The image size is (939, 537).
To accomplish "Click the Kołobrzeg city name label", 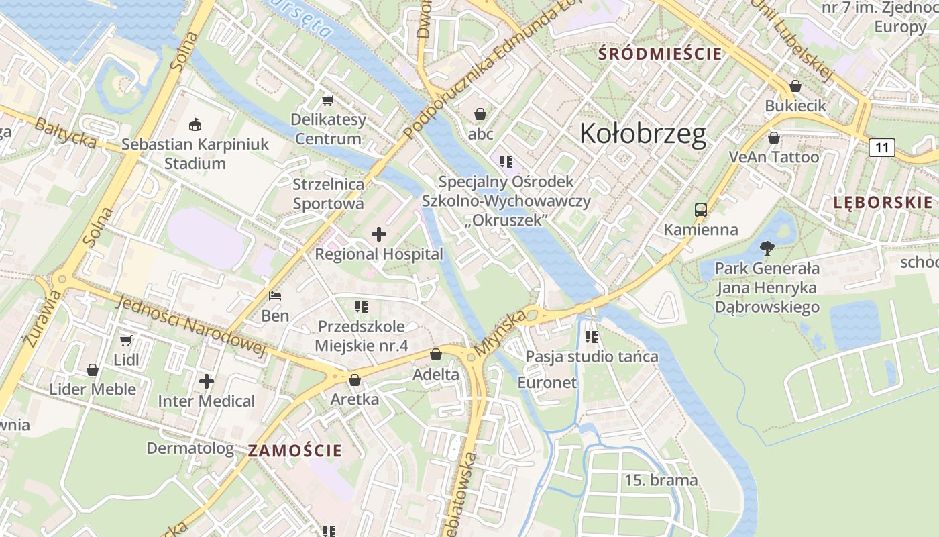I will [x=643, y=134].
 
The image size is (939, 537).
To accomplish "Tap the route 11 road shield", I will [x=881, y=148].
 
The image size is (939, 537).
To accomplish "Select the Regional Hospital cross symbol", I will [x=379, y=234].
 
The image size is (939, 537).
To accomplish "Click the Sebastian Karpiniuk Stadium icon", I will [x=195, y=124].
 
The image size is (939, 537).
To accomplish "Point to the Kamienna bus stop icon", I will [x=701, y=210].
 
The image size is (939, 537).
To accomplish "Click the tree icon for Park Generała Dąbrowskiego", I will [x=767, y=249].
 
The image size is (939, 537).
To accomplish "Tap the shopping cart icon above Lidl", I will [x=126, y=340].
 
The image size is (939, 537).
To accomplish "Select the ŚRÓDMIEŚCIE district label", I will [x=660, y=54].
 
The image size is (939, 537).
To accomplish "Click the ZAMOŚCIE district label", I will [x=294, y=450].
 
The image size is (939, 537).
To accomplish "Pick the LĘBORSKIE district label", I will [x=883, y=203].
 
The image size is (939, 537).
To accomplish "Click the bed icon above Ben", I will [x=275, y=295].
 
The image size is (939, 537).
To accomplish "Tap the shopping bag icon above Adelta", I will [x=436, y=354].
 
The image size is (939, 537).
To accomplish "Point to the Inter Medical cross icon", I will [x=207, y=381].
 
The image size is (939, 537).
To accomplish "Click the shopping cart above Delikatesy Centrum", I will [x=328, y=101].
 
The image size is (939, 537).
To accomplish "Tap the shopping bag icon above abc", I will [x=480, y=114].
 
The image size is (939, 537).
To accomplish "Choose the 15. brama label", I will [x=661, y=480].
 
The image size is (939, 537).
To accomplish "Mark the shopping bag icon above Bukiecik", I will [x=795, y=86].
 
